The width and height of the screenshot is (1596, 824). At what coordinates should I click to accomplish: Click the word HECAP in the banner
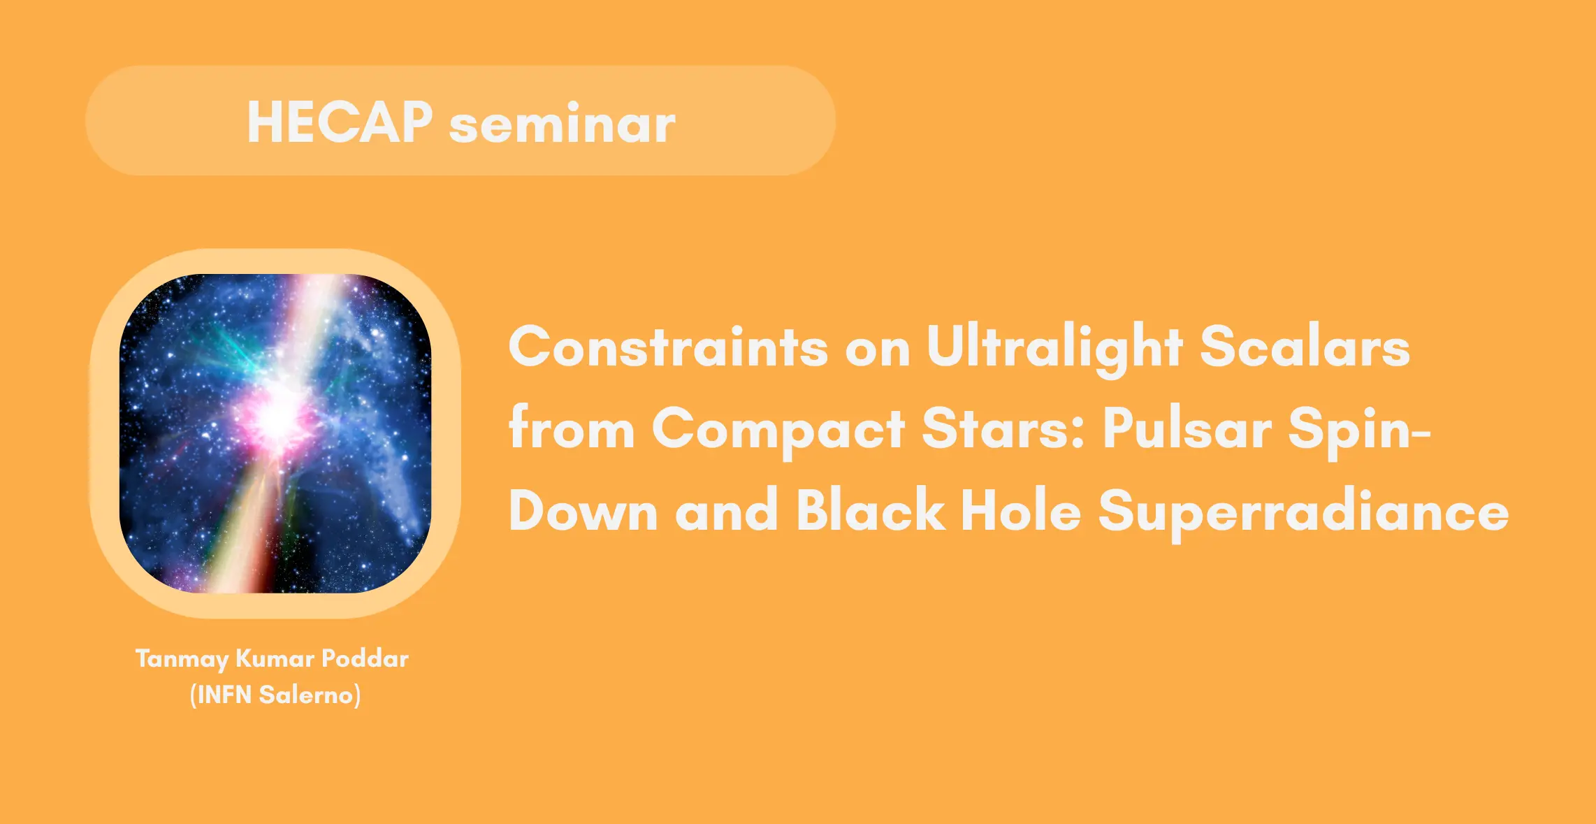click(340, 122)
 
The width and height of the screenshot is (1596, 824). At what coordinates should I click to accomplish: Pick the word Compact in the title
click(778, 430)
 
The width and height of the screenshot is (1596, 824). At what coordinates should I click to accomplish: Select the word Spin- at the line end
click(1360, 430)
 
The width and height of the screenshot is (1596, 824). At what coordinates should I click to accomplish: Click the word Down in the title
click(583, 509)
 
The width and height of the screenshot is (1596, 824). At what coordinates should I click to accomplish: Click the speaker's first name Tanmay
click(182, 659)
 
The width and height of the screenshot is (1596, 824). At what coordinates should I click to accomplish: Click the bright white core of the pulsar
click(277, 418)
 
